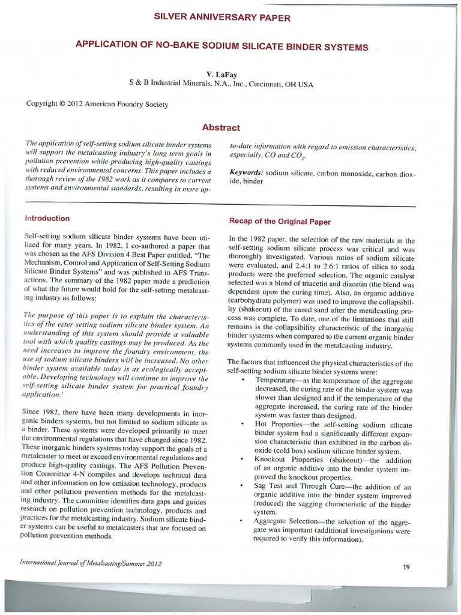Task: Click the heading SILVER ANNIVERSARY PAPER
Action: pos(222,18)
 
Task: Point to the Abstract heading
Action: pos(221,127)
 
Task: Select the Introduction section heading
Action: pos(47,219)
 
